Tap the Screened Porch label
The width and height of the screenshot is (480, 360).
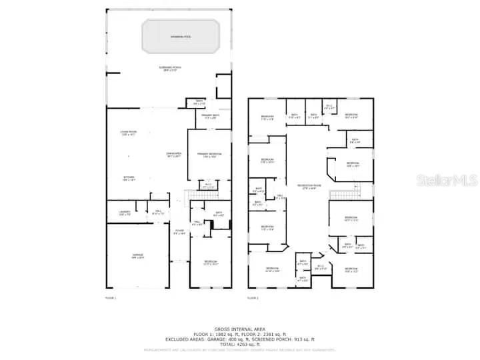coord(167,68)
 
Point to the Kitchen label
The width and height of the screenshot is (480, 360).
coord(128,178)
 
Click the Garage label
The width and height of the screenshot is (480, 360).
coord(137,256)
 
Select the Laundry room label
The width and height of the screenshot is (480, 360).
coord(124,213)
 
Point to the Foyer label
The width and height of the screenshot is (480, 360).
coord(179,233)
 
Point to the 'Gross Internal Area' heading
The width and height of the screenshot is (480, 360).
coord(240,329)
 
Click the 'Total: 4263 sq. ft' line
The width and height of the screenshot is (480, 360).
coord(240,343)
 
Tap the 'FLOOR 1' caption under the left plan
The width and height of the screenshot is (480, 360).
coord(111,297)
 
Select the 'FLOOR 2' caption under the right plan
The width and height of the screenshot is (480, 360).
coord(253,297)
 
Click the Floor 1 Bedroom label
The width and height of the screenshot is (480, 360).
coord(210,262)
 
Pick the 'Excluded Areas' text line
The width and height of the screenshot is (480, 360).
coord(240,339)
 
